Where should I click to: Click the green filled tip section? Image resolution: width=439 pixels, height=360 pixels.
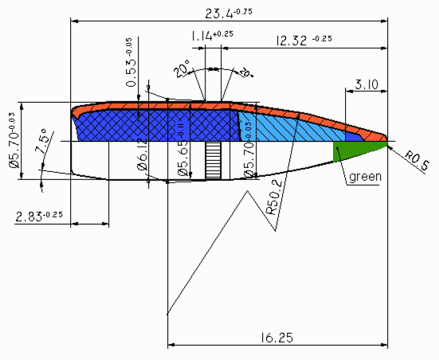[351, 148]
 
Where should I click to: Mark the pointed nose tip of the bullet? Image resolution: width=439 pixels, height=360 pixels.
[388, 140]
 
